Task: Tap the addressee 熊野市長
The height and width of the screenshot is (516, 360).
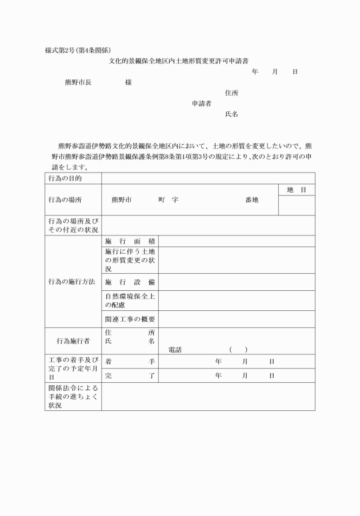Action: coord(78,82)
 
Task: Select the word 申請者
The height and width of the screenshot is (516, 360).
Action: coord(202,103)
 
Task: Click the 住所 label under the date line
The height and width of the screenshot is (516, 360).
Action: coord(231,93)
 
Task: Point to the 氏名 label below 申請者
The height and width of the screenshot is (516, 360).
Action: coord(231,114)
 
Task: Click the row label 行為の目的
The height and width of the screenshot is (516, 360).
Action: coord(65,178)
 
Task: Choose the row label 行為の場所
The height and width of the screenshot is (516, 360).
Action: coord(65,200)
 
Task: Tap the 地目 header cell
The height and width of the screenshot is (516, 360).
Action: coord(297,190)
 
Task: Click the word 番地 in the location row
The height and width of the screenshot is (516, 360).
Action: coord(251,200)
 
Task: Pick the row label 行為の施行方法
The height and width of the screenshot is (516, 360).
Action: coord(71,282)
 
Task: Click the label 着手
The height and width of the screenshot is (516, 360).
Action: coord(130,362)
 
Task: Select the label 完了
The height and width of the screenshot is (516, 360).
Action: coord(130,375)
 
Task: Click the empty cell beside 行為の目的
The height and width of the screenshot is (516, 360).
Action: coord(208,178)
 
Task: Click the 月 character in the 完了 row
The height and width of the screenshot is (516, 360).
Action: coord(245,375)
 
